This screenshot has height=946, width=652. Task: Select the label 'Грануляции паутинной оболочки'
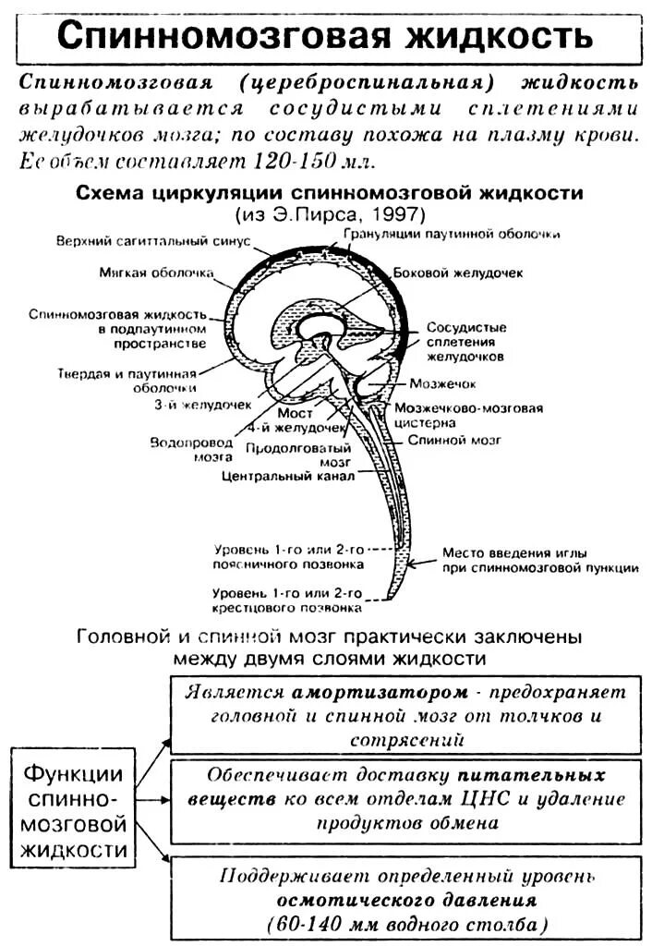click(x=453, y=234)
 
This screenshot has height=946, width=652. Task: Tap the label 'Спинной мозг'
click(x=454, y=441)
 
